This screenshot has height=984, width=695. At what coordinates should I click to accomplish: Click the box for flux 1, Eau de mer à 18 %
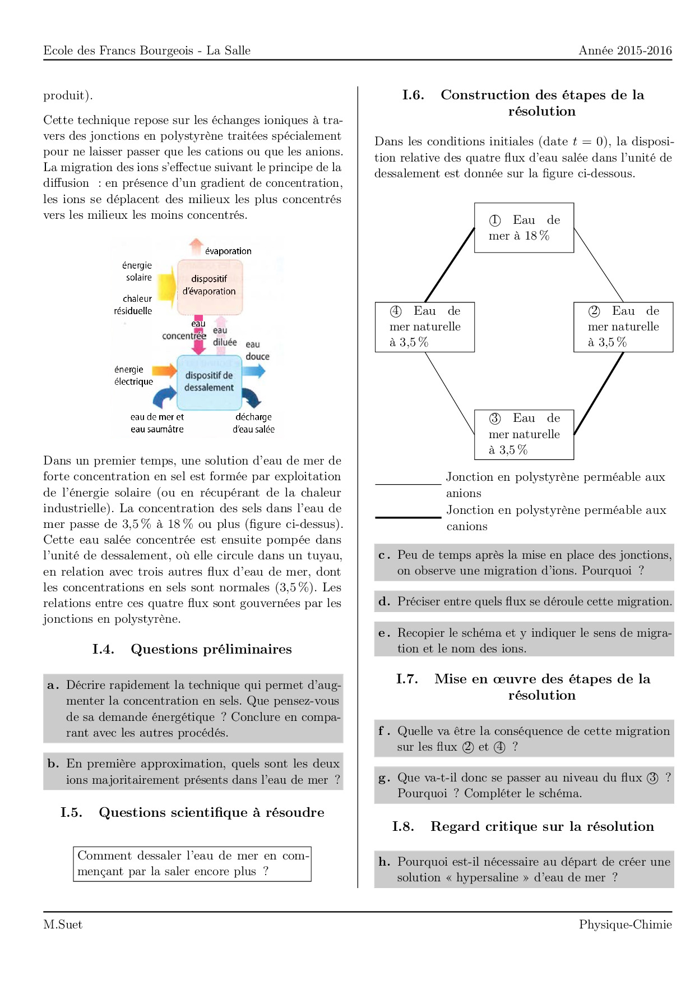point(523,228)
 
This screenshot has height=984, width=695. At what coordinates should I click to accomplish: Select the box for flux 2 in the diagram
point(623,327)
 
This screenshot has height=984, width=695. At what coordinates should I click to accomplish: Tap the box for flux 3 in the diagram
point(523,434)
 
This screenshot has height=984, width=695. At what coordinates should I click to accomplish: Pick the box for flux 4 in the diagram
point(424,327)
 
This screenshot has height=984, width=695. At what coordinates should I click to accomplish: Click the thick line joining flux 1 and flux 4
point(450,265)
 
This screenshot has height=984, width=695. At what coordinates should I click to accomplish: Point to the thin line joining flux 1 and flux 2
point(599,265)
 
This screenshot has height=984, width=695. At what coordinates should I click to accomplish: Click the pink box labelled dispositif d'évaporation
point(210,286)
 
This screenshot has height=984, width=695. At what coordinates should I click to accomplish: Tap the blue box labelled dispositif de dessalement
point(209,382)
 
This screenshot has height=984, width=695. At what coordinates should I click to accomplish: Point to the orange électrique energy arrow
point(164,370)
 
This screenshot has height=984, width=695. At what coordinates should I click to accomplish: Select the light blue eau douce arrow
point(253,371)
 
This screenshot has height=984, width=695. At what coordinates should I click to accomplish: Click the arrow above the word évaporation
point(196,246)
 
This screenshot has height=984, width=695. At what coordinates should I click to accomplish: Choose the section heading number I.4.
point(103,650)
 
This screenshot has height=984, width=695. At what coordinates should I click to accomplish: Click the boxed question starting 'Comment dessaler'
point(192,864)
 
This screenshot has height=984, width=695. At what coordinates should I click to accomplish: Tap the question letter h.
point(384,862)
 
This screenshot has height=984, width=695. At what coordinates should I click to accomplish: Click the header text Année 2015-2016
point(625,50)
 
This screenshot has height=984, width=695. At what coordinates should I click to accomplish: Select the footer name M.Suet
point(63,925)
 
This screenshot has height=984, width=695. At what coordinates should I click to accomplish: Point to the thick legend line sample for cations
point(407,517)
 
